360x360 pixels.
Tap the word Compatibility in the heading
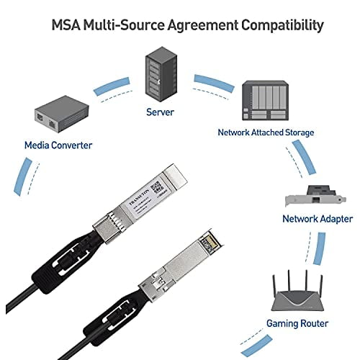277,25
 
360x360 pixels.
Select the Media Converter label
57,145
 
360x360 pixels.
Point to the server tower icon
159,73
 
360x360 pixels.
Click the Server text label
159,112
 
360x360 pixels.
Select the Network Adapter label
318,218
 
